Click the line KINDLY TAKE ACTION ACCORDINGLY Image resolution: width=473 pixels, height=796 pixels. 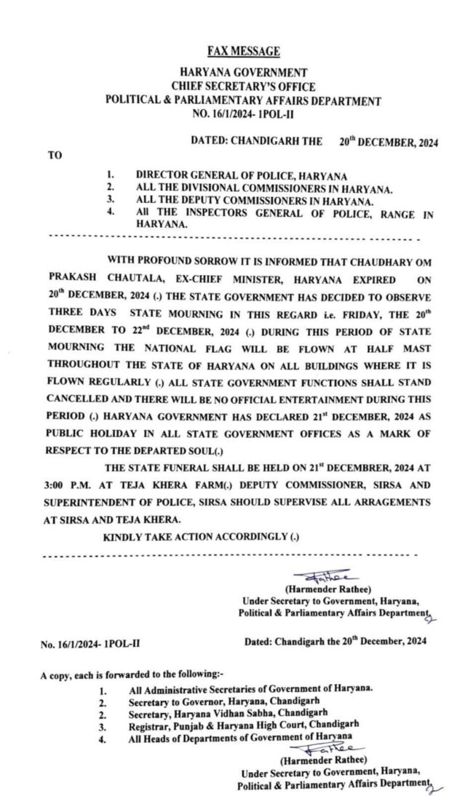pyautogui.click(x=201, y=537)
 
